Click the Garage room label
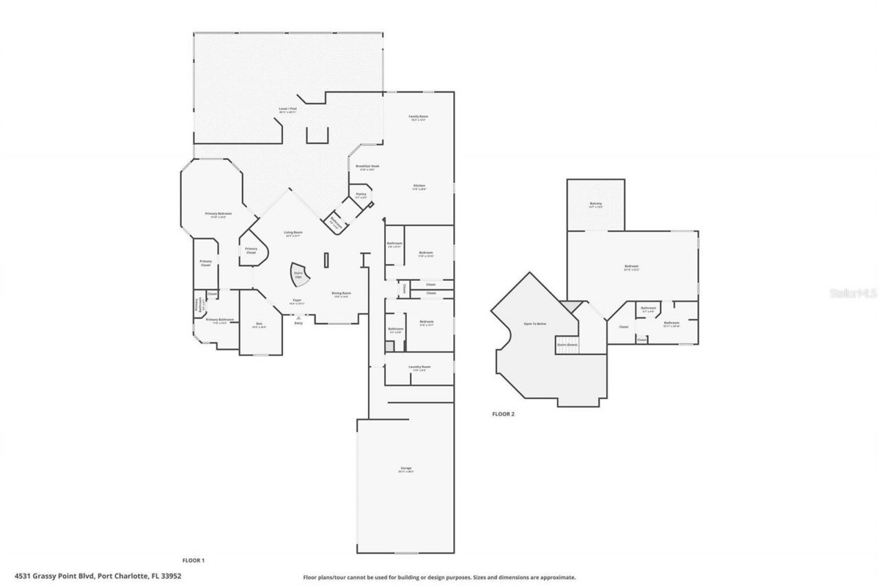pos(406,469)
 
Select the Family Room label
pos(419,117)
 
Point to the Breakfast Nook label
pos(367,167)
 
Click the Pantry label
pos(361,194)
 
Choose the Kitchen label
pos(419,187)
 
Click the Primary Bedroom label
pos(218,214)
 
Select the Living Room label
pos(293,234)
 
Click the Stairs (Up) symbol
pos(299,275)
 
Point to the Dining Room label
pos(341,294)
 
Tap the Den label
pos(259,324)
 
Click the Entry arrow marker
pos(298,318)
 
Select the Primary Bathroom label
pos(220,320)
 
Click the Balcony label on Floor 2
pos(595,204)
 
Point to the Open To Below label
pos(535,324)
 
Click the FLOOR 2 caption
pos(503,414)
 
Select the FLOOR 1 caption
pos(193,561)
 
